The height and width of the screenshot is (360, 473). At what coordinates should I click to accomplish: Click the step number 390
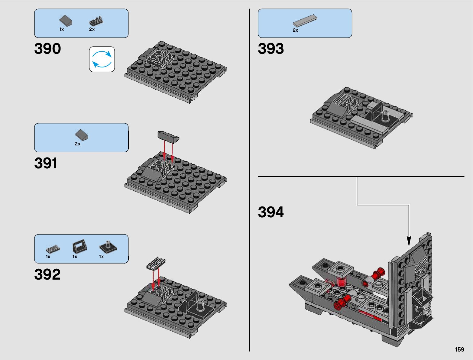(x=47, y=48)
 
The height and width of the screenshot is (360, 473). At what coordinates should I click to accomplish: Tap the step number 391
(x=46, y=163)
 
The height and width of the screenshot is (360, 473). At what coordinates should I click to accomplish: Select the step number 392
(x=47, y=274)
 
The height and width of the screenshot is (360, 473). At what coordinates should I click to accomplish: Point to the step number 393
(x=271, y=48)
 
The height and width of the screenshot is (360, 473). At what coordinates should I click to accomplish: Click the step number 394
(x=271, y=212)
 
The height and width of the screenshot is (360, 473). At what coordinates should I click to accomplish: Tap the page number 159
(x=460, y=349)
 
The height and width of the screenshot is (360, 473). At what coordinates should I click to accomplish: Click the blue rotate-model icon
(x=102, y=59)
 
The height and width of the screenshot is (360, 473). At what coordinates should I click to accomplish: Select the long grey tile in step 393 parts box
(x=305, y=21)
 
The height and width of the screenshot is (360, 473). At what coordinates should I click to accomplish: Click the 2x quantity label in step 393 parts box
(x=295, y=30)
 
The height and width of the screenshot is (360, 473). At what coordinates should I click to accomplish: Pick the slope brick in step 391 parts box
(x=82, y=135)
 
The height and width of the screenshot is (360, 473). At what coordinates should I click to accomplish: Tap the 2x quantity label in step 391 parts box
(x=78, y=144)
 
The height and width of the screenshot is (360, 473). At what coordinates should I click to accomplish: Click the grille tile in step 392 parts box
(x=53, y=249)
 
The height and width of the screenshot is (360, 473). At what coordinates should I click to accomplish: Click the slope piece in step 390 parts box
(x=66, y=21)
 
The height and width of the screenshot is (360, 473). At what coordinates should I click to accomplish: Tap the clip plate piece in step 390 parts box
(x=96, y=21)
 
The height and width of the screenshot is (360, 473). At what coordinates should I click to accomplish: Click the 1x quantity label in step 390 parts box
(x=62, y=30)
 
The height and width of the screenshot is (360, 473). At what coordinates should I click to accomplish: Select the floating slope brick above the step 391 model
(x=168, y=137)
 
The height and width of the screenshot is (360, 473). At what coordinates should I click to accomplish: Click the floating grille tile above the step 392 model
(x=156, y=263)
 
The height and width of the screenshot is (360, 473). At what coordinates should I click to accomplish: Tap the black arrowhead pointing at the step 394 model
(x=409, y=241)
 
